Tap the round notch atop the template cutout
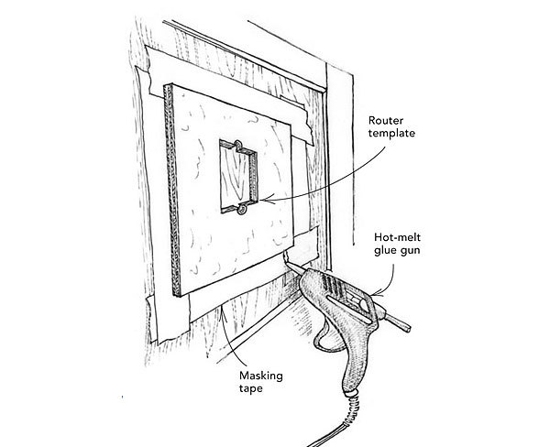click(x=235, y=145)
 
